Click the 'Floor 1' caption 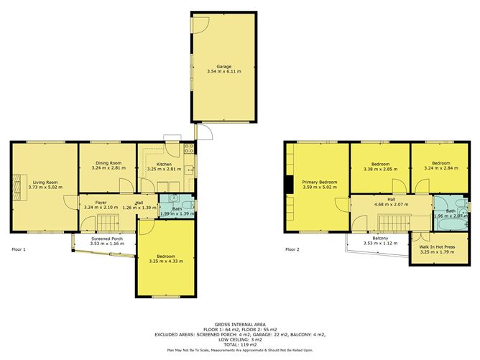pyautogui.click(x=19, y=249)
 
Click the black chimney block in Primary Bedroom pyautogui.click(x=287, y=185)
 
